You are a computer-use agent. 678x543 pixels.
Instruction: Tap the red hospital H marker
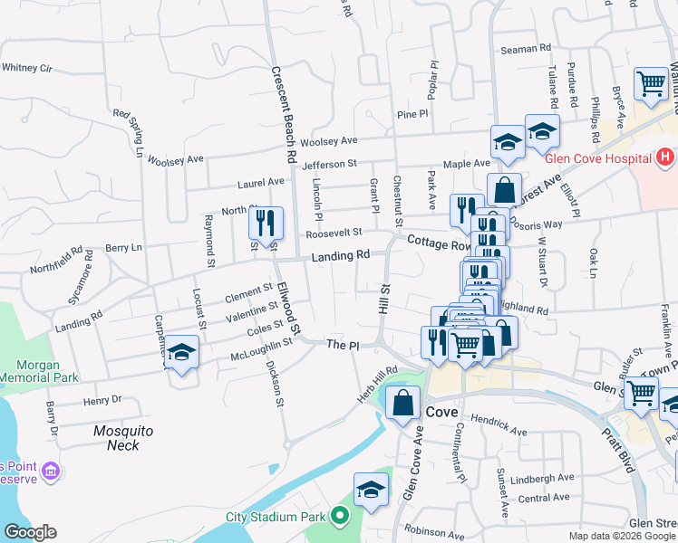pyautogui.click(x=665, y=157)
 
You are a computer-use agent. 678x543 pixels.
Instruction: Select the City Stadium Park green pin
pyautogui.click(x=340, y=517)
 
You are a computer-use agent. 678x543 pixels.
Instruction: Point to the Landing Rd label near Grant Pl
pyautogui.click(x=341, y=257)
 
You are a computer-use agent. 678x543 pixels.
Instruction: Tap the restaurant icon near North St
pyautogui.click(x=266, y=223)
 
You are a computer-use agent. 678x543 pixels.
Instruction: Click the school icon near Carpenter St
pyautogui.click(x=182, y=353)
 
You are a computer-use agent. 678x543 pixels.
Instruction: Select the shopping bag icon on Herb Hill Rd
pyautogui.click(x=402, y=403)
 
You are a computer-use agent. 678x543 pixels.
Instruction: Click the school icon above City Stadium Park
pyautogui.click(x=371, y=491)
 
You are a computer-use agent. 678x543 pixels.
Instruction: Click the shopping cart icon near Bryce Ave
pyautogui.click(x=651, y=84)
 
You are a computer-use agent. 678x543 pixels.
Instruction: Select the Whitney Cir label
pyautogui.click(x=28, y=67)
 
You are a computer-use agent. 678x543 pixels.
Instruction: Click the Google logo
pyautogui.click(x=30, y=532)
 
